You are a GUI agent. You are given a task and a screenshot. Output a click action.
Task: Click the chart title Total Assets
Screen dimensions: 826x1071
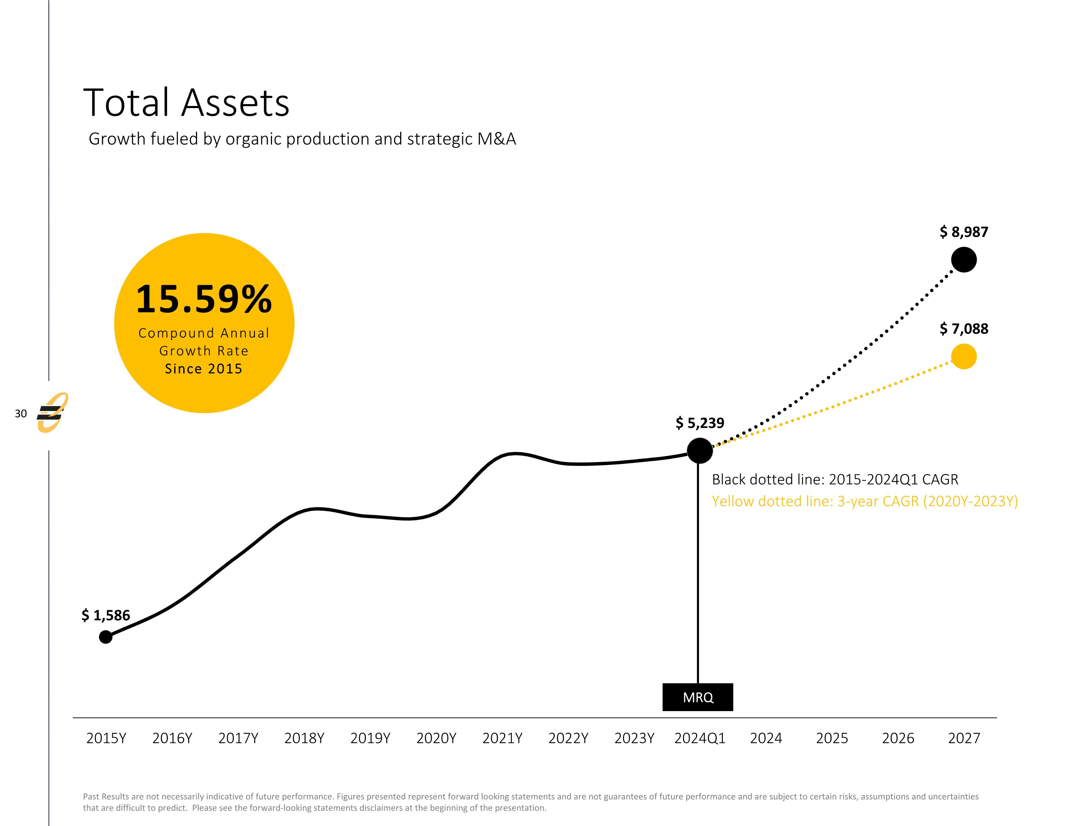click(186, 103)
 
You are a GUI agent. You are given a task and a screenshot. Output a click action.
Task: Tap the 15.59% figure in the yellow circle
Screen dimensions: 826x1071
click(203, 299)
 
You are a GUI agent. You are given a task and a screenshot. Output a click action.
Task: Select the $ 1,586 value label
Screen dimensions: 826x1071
click(106, 615)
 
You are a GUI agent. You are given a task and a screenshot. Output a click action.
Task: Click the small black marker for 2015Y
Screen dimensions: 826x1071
click(105, 637)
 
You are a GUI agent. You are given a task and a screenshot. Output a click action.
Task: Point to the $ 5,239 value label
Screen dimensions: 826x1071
click(700, 422)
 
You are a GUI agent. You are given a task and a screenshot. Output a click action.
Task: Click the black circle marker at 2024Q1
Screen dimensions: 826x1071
click(700, 451)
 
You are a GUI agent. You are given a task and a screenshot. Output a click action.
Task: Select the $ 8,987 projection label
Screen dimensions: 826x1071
click(964, 232)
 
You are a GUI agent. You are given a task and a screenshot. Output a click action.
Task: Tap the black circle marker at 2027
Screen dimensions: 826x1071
click(964, 260)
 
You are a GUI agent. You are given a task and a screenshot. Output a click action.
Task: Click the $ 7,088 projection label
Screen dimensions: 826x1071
click(964, 329)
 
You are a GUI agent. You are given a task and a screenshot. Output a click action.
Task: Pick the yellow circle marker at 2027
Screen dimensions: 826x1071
click(964, 356)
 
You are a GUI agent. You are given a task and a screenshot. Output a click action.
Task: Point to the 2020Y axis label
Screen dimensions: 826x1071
click(436, 738)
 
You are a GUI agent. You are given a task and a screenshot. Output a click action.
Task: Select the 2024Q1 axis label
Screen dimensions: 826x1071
click(700, 738)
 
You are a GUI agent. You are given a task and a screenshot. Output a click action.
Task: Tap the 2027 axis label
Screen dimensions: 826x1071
click(964, 738)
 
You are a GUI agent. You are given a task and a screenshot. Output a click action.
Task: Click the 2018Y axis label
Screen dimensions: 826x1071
click(304, 738)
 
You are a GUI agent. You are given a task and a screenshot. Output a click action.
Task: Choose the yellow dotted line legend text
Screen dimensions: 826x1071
click(865, 501)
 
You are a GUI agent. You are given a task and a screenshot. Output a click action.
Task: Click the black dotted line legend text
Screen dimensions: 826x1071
click(835, 480)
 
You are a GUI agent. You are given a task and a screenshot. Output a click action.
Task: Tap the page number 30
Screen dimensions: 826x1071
click(21, 414)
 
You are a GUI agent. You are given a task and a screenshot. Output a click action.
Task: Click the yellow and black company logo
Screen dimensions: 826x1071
click(52, 413)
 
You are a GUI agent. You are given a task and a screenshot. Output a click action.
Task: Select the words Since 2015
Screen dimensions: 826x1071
click(203, 369)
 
